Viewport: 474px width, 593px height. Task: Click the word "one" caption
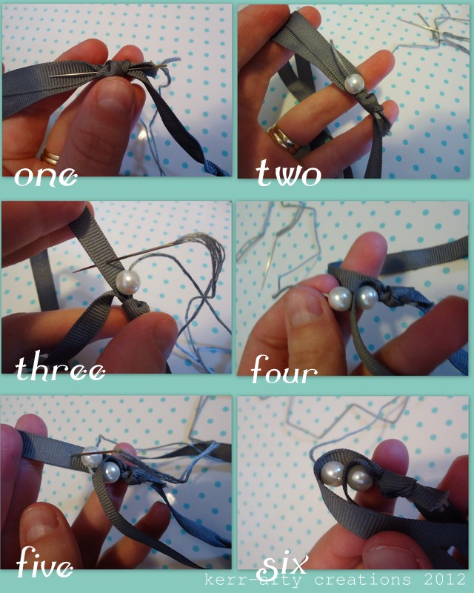click(x=46, y=176)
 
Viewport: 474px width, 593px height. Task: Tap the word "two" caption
click(x=288, y=173)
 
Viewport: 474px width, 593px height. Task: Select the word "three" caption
click(x=60, y=367)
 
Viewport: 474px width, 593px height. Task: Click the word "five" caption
click(x=44, y=563)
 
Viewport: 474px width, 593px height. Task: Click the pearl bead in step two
click(x=355, y=84)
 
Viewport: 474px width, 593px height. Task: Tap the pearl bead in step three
click(x=127, y=282)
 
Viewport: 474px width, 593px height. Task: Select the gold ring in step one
click(x=50, y=156)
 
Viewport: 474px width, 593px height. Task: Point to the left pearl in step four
click(x=340, y=299)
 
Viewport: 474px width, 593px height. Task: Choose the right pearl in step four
click(x=367, y=297)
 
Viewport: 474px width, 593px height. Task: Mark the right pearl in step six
click(x=359, y=478)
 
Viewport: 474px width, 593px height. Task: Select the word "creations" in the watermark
click(x=362, y=580)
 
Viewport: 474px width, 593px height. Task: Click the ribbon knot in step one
click(x=110, y=69)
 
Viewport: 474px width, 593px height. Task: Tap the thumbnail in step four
click(x=304, y=308)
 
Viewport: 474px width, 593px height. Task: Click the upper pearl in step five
click(x=92, y=457)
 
